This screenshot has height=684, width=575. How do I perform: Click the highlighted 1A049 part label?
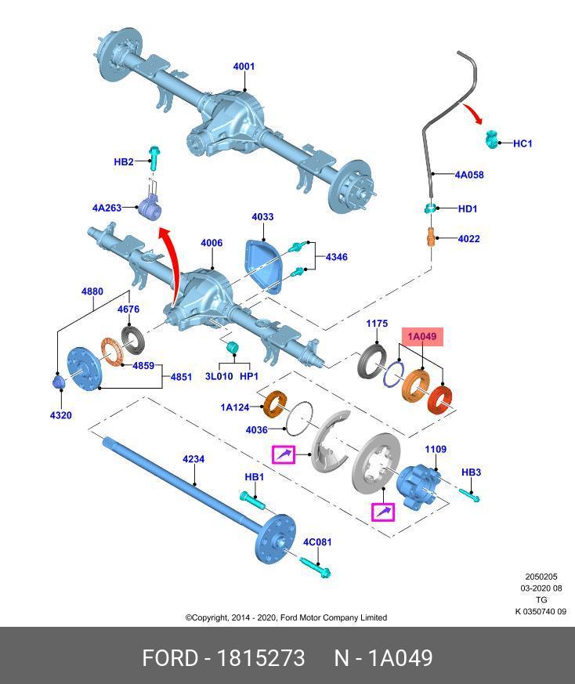click(422, 337)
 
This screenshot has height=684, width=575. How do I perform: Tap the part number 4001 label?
click(244, 67)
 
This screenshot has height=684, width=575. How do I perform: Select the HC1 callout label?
click(523, 143)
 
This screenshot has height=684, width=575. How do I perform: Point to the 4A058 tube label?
click(469, 175)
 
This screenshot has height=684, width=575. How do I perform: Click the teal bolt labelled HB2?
click(154, 158)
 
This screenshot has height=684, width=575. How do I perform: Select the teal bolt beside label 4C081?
click(316, 566)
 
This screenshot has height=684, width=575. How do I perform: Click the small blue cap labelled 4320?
click(59, 382)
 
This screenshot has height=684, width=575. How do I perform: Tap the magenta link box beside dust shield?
click(284, 455)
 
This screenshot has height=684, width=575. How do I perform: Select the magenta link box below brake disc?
click(382, 512)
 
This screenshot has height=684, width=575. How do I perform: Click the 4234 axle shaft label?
click(193, 459)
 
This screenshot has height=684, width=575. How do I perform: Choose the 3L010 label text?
click(219, 376)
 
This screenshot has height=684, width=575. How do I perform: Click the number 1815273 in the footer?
click(261, 658)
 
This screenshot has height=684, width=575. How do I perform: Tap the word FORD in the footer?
click(170, 658)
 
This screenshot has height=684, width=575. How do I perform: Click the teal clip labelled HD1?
click(431, 208)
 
